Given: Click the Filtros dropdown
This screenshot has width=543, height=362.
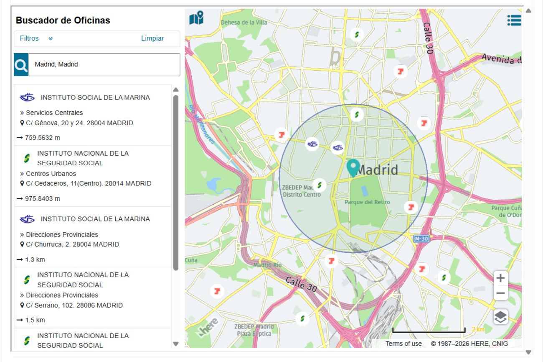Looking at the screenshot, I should point(36,39).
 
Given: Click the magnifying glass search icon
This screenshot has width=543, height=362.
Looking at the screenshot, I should point(21,65).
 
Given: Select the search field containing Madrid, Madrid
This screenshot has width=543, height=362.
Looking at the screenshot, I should point(104,65).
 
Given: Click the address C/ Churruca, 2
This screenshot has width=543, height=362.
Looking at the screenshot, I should point(72,244).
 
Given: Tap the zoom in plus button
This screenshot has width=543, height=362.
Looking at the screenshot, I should point(500,278).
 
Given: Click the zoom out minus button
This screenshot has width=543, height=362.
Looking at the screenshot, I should point(500,293).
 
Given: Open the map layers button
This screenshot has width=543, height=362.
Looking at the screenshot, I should point(500,317).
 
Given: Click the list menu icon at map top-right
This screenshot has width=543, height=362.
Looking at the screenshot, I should point(514,20).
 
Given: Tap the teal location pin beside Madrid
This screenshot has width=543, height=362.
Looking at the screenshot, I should point(353,167).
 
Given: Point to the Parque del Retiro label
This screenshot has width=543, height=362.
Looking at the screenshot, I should point(367,202).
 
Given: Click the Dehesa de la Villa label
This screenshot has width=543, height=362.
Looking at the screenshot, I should point(244,23).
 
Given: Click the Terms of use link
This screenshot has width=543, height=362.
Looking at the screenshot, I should point(403,344).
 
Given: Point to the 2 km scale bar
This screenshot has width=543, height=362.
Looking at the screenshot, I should point(429,331).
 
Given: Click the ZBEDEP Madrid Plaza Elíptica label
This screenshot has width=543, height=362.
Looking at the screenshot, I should point(254,330).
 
